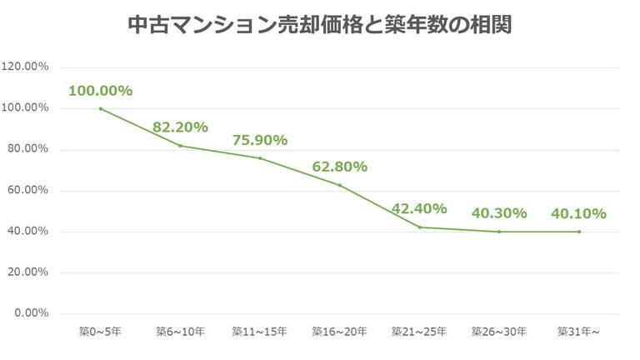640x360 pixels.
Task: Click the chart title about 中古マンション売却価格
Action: click(x=320, y=26)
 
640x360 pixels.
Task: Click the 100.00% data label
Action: click(x=100, y=91)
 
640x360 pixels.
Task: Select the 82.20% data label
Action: click(x=180, y=127)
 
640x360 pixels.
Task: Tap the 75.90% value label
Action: click(x=260, y=140)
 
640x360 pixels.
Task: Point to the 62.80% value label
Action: click(x=340, y=167)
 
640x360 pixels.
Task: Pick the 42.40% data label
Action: click(x=419, y=208)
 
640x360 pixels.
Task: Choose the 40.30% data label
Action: click(x=499, y=213)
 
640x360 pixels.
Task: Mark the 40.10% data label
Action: click(x=578, y=213)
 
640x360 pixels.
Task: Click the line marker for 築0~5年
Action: click(x=100, y=108)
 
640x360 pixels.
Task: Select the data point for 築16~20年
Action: click(x=340, y=185)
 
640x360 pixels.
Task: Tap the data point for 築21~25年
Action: click(x=419, y=227)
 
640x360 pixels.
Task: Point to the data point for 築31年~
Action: click(x=579, y=232)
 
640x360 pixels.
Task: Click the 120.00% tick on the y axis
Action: click(x=25, y=67)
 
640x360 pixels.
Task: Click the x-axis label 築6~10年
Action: click(x=180, y=331)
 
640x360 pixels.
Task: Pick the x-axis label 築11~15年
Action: click(x=260, y=331)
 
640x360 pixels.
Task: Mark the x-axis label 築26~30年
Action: click(x=499, y=331)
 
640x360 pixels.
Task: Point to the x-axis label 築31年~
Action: click(x=579, y=331)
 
